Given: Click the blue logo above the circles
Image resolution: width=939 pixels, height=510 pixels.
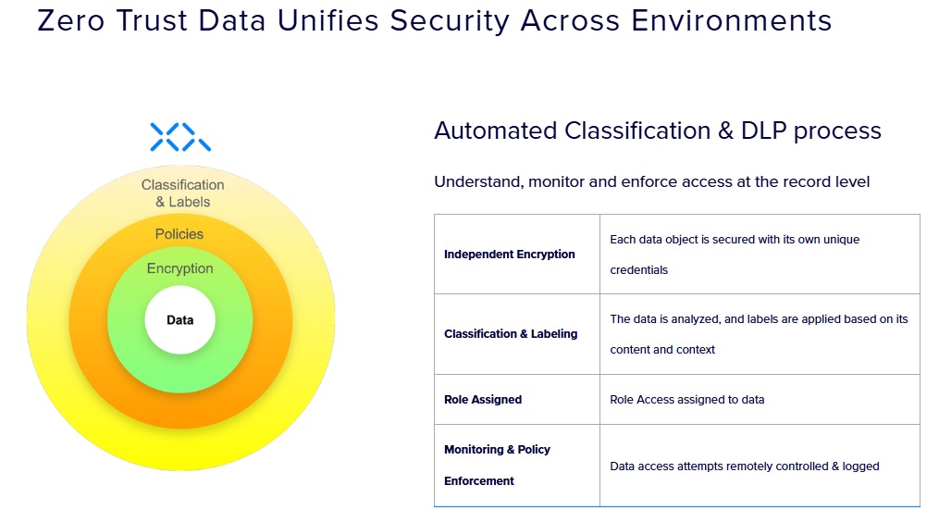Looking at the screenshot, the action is (x=180, y=137).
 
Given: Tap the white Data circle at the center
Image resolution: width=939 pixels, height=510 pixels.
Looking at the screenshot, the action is (x=180, y=320).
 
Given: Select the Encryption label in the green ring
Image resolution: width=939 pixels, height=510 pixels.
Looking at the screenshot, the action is (x=180, y=268).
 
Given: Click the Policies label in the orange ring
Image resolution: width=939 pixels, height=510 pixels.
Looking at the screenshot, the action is (x=179, y=234).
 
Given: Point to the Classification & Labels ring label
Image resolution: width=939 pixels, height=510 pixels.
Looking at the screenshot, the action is (x=182, y=193).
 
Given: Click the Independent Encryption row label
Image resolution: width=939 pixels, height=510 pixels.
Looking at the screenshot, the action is (x=509, y=255).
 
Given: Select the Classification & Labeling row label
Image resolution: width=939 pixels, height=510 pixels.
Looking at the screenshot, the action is (x=511, y=334).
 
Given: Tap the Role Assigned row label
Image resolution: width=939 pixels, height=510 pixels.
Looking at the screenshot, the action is (x=483, y=400).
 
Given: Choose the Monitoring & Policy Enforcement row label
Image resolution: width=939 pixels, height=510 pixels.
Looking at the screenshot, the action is (x=497, y=465).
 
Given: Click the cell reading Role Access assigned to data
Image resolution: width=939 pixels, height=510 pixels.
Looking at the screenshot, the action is (x=686, y=400).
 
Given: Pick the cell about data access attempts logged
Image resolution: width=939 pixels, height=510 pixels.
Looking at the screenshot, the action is (x=745, y=466).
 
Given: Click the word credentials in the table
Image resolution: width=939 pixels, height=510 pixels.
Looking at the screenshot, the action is (x=638, y=270).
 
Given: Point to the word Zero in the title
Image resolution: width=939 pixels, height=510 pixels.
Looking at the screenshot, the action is (x=70, y=21).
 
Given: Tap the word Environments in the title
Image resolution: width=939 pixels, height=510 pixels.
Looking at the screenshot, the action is (x=731, y=21).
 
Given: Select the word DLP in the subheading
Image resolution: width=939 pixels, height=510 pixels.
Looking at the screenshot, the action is (x=763, y=131).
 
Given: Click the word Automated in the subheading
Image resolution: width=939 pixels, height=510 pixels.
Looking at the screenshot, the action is (x=495, y=131).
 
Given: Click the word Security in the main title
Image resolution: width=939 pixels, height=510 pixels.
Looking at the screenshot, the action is (x=450, y=22).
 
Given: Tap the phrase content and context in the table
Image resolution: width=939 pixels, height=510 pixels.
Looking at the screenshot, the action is (x=662, y=350).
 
